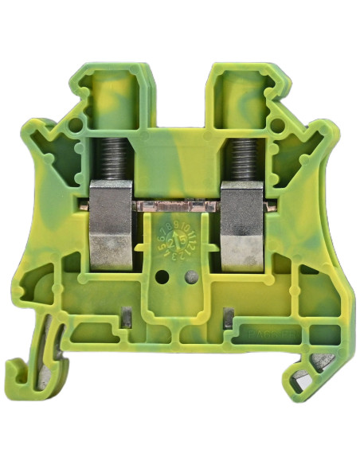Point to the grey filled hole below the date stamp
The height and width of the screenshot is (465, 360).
[190, 276]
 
